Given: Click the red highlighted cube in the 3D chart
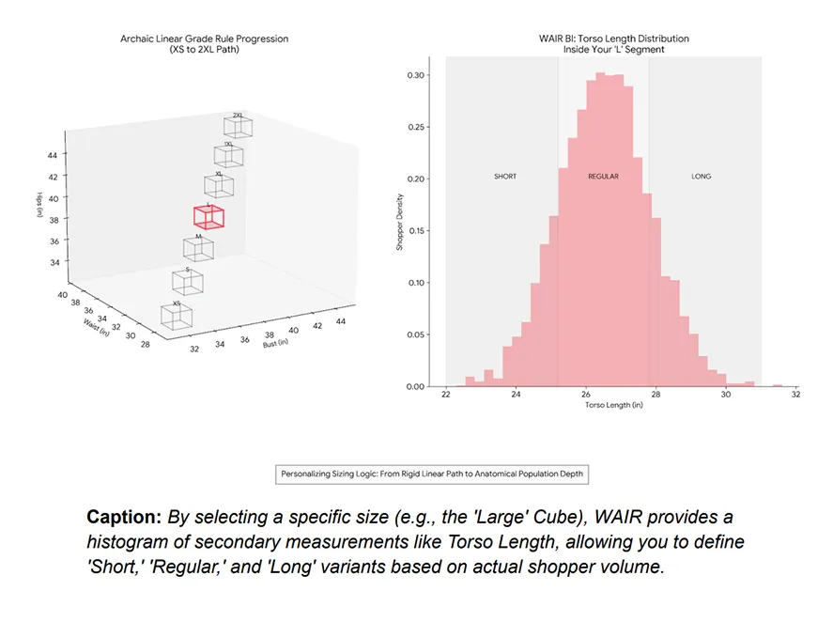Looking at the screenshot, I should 208,216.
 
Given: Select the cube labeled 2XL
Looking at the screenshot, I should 238,128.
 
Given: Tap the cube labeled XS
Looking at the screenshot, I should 177,316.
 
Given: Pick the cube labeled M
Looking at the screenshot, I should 198,249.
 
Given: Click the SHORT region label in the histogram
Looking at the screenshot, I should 504,177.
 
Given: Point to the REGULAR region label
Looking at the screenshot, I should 603,177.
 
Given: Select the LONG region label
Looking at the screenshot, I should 701,177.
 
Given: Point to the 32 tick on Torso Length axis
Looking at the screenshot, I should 795,396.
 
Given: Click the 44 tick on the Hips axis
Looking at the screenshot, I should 54,154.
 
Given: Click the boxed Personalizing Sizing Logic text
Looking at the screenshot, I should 432,474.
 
